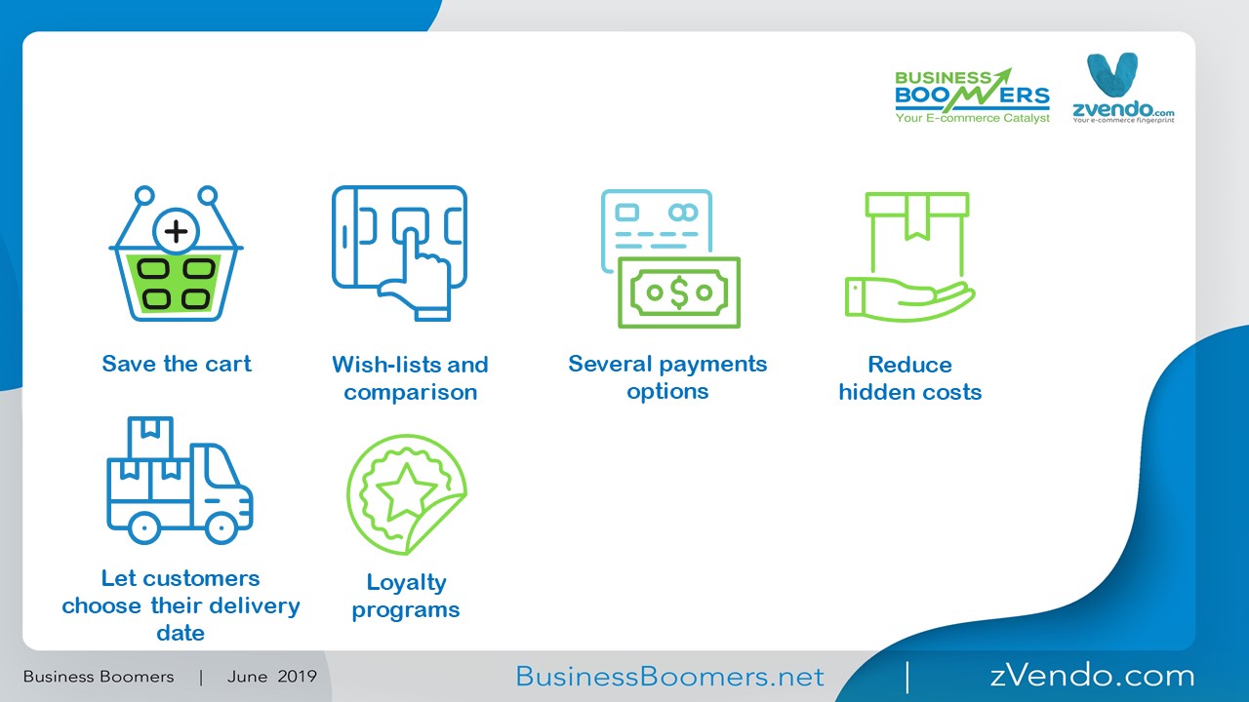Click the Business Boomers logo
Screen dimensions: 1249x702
(x=973, y=96)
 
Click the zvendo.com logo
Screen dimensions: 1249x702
(x=1123, y=88)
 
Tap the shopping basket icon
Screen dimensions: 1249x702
(x=177, y=254)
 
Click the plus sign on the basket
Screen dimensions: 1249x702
(x=177, y=231)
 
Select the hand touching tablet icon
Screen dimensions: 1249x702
(x=399, y=253)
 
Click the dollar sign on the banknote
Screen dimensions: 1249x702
(x=679, y=292)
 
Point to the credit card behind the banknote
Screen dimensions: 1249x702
(x=657, y=229)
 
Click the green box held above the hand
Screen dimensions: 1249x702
(x=917, y=234)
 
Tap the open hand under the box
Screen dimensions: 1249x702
(x=909, y=299)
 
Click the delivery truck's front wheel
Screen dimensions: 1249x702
(x=222, y=527)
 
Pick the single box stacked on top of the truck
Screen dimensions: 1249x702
(x=150, y=438)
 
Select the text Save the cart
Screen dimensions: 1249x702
(x=177, y=364)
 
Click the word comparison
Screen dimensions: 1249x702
(x=411, y=392)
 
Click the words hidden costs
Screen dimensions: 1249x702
(x=910, y=392)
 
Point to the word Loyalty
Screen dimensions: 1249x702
(x=407, y=583)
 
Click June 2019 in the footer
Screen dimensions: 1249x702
(x=272, y=677)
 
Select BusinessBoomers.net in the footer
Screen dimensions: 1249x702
(x=669, y=677)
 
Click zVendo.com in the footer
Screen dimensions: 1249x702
(x=1092, y=676)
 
